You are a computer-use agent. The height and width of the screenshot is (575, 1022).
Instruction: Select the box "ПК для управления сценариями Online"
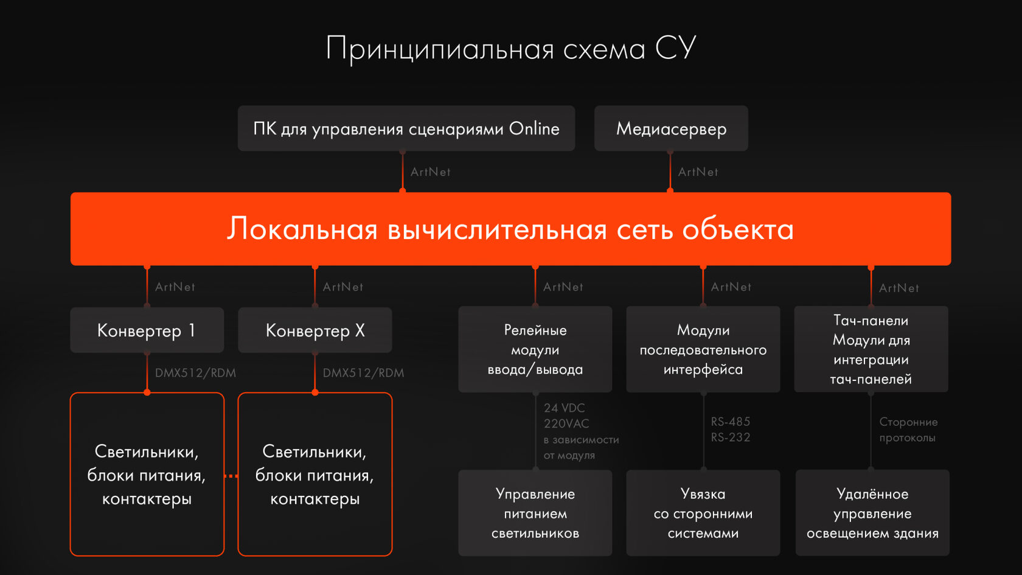[x=406, y=128]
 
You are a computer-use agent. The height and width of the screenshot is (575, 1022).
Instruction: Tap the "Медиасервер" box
[x=671, y=128]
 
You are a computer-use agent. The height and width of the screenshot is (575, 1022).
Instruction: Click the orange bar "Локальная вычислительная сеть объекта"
[x=510, y=229]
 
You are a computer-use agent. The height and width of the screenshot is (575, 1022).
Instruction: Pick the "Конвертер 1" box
[x=147, y=330]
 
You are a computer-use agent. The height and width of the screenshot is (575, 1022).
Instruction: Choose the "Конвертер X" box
[x=315, y=330]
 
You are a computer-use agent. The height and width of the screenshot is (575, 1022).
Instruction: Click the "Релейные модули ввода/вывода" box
[x=535, y=349]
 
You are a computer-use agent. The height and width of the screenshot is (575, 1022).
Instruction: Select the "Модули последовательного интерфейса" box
[x=703, y=349]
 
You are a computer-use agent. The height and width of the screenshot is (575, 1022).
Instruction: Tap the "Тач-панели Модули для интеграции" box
[x=871, y=349]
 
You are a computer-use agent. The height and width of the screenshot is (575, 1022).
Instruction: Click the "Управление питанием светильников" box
[x=535, y=513]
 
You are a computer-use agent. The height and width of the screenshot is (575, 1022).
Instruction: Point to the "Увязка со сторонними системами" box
[x=703, y=513]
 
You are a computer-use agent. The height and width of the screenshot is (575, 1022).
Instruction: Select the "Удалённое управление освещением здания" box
[x=872, y=513]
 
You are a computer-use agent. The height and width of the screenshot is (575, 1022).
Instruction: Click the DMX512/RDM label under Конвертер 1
[x=195, y=373]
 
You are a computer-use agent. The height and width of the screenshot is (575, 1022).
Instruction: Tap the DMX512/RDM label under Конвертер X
[x=363, y=373]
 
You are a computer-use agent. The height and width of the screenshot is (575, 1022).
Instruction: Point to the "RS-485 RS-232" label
[x=730, y=429]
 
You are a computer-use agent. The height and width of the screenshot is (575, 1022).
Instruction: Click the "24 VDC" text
[x=564, y=408]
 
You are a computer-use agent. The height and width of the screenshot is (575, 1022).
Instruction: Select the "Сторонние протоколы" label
[x=908, y=430]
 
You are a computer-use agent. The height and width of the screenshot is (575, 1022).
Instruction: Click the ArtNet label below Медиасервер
[x=698, y=172]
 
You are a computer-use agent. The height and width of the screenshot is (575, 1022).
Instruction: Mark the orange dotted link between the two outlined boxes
[x=231, y=476]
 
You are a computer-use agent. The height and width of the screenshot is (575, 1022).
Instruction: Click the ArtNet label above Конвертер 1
[x=175, y=287]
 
